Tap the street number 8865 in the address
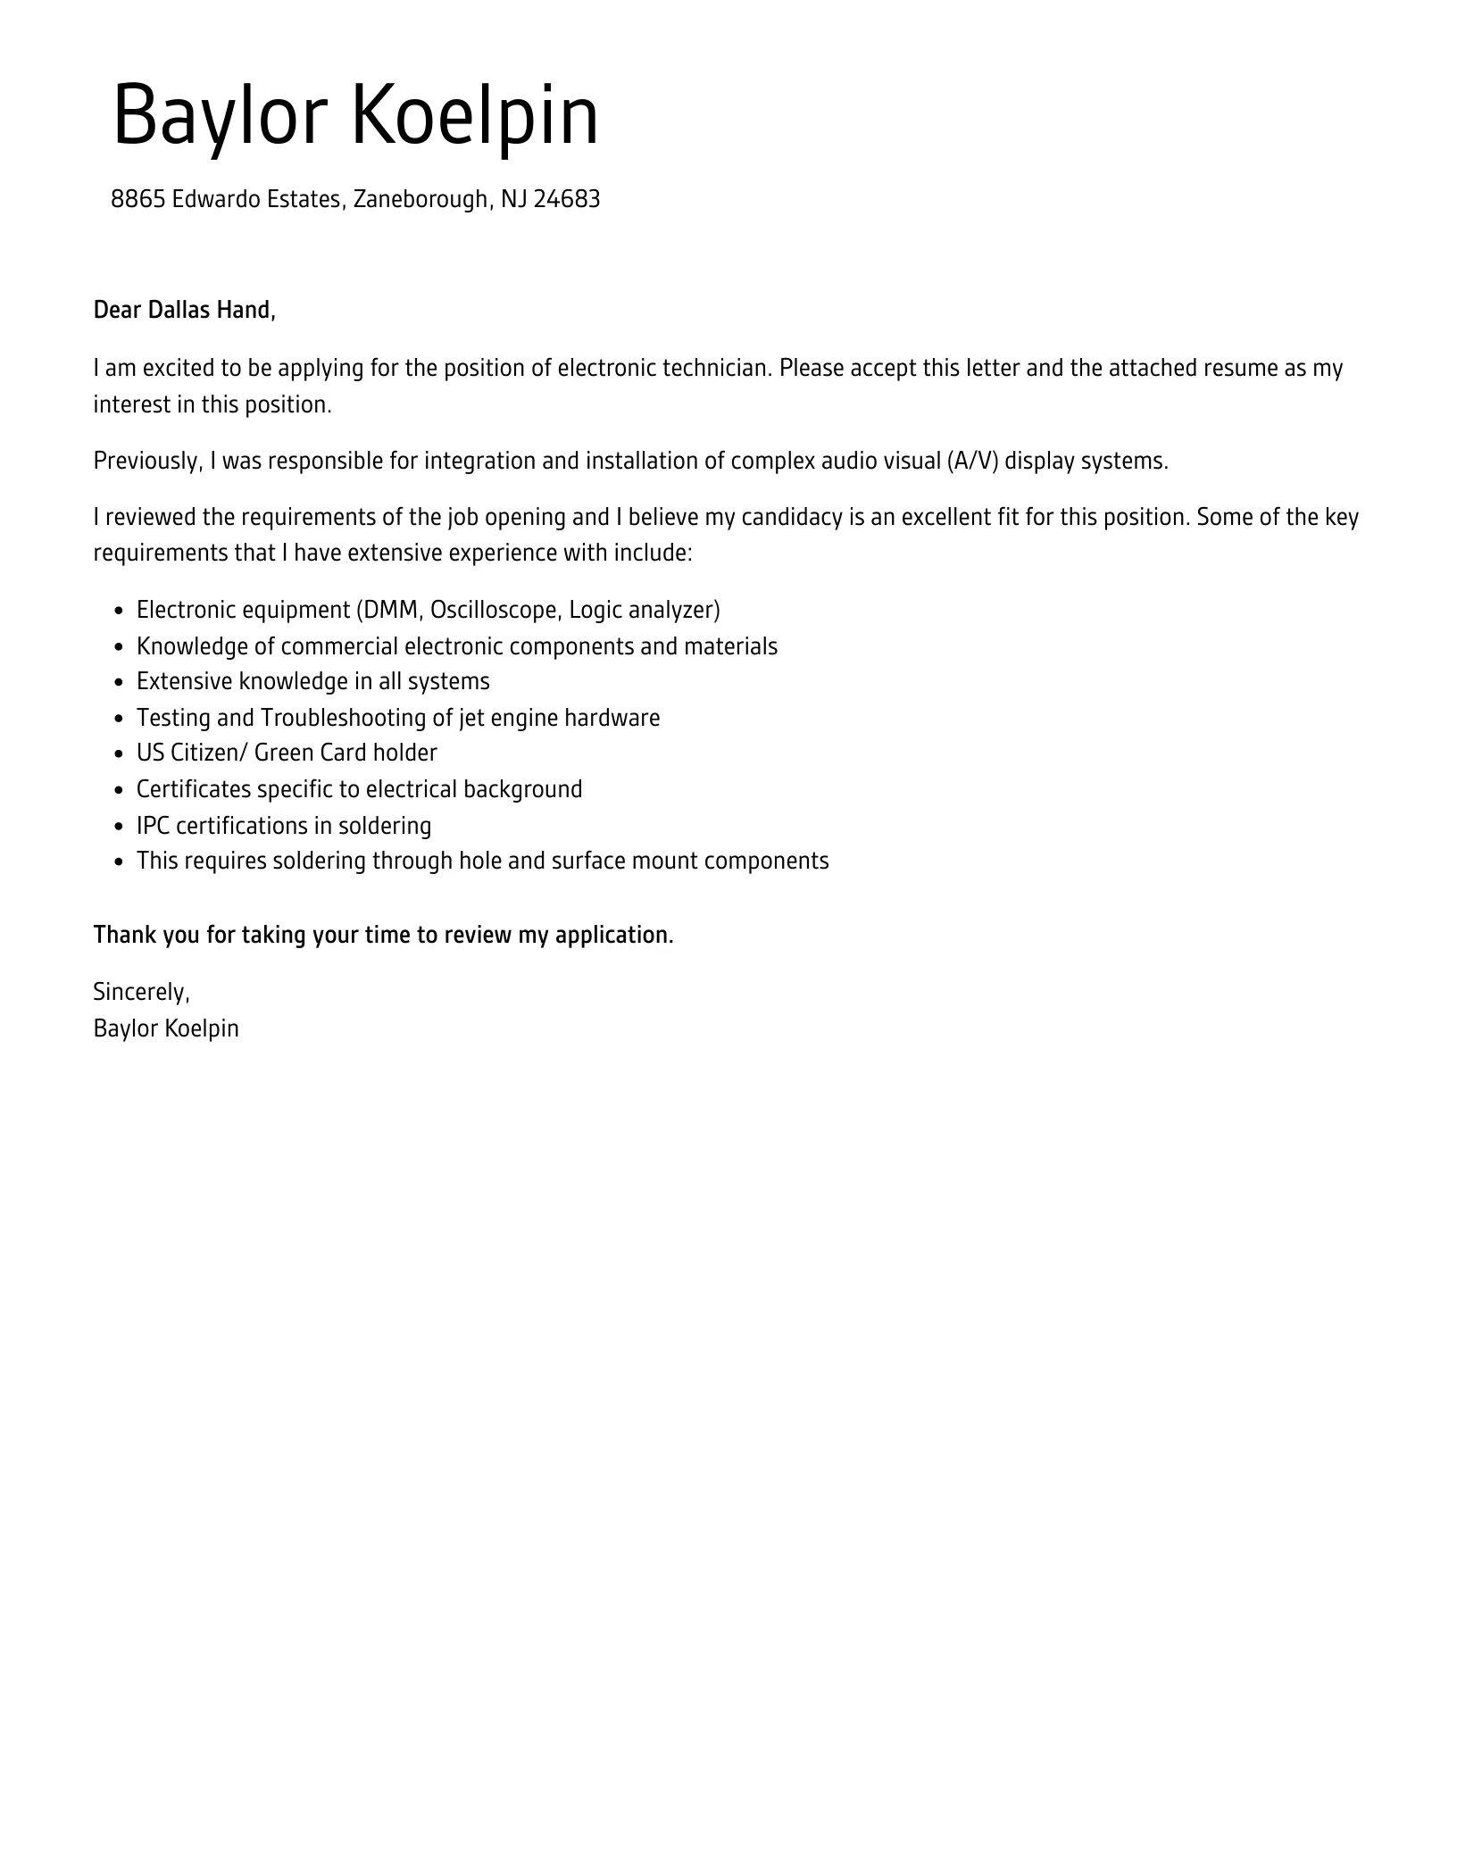[137, 199]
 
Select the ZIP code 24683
[567, 199]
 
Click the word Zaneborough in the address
[420, 199]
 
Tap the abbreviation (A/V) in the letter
[972, 461]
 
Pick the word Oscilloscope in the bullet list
[494, 610]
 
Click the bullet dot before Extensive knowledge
[119, 683]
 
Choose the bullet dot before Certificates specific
[119, 790]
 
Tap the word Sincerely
[141, 992]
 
